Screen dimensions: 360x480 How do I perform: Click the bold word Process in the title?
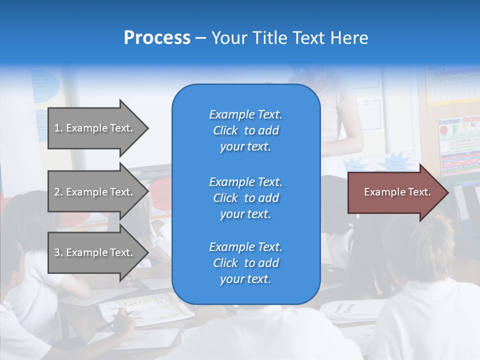[157, 38]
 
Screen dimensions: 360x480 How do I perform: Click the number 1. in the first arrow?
[58, 128]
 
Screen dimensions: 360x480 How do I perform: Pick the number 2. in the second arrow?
[58, 192]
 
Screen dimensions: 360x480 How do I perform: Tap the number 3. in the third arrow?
[58, 252]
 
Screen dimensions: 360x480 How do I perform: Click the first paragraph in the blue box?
[245, 130]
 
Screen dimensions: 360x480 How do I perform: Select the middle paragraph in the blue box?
[245, 198]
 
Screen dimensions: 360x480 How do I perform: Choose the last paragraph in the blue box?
[245, 263]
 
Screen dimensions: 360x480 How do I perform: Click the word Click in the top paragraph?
[225, 130]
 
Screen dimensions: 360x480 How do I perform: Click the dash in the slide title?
[201, 38]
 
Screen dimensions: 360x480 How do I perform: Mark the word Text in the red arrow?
[419, 192]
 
